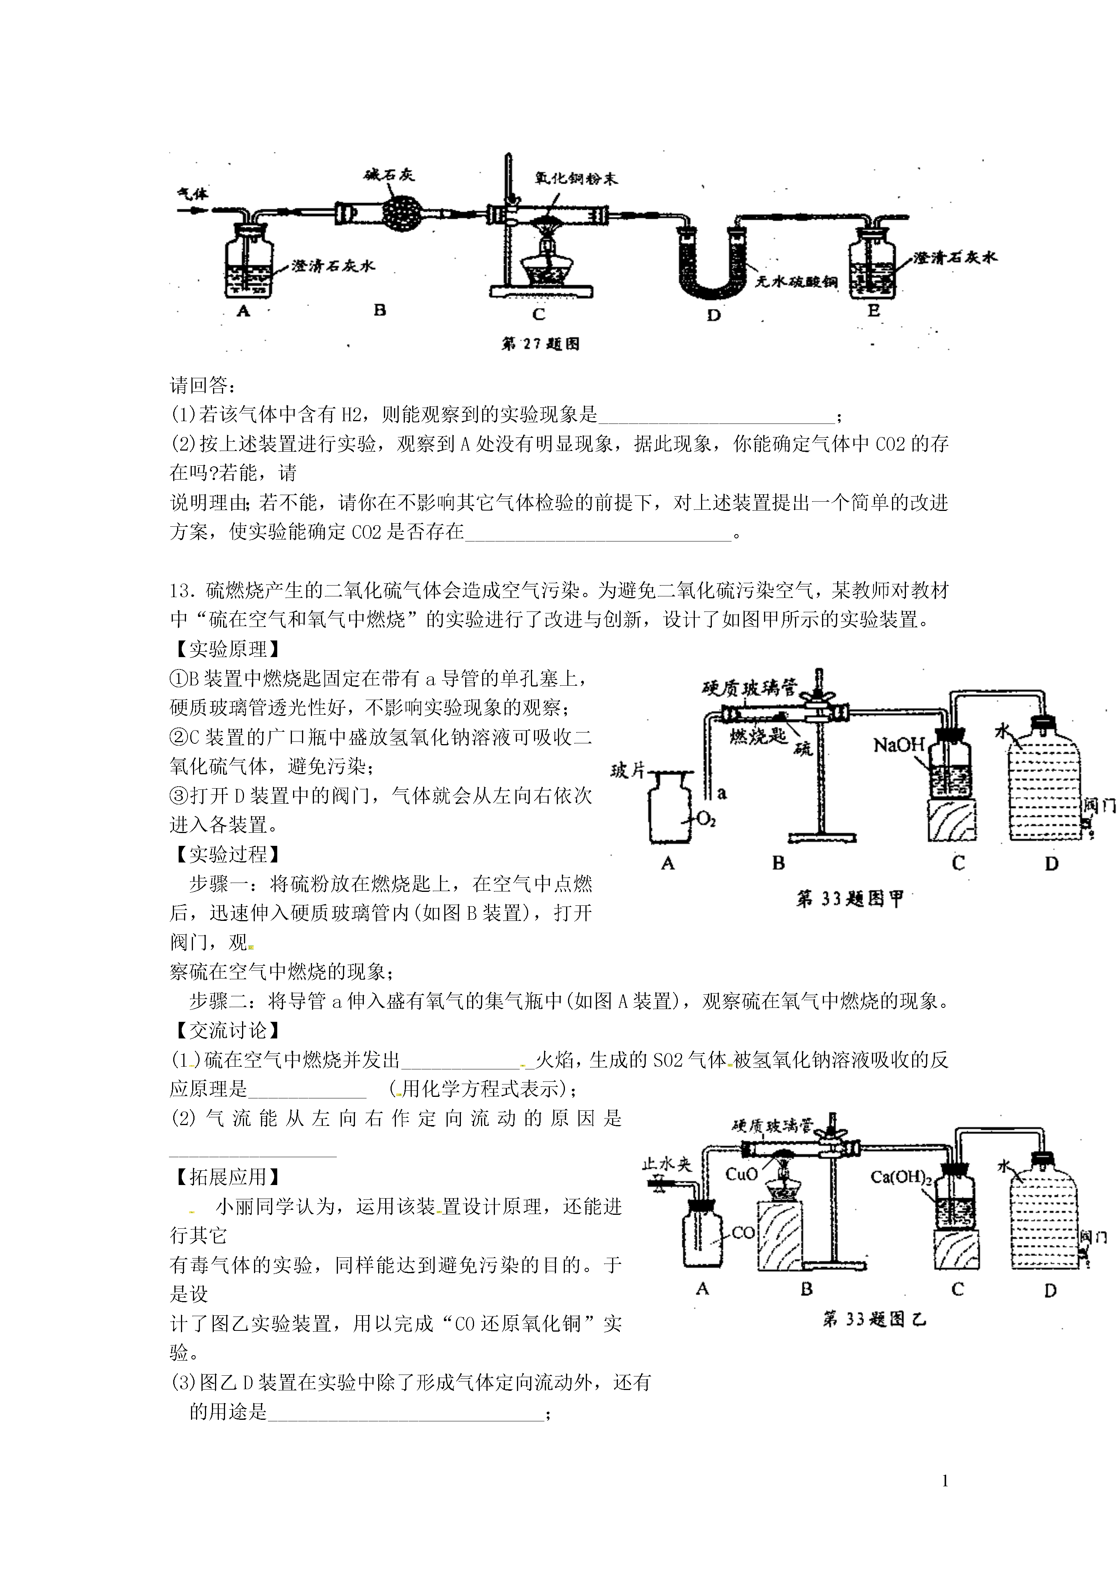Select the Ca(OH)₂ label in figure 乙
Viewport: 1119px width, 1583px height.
click(x=901, y=1177)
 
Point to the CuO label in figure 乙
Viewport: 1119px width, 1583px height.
click(x=741, y=1174)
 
